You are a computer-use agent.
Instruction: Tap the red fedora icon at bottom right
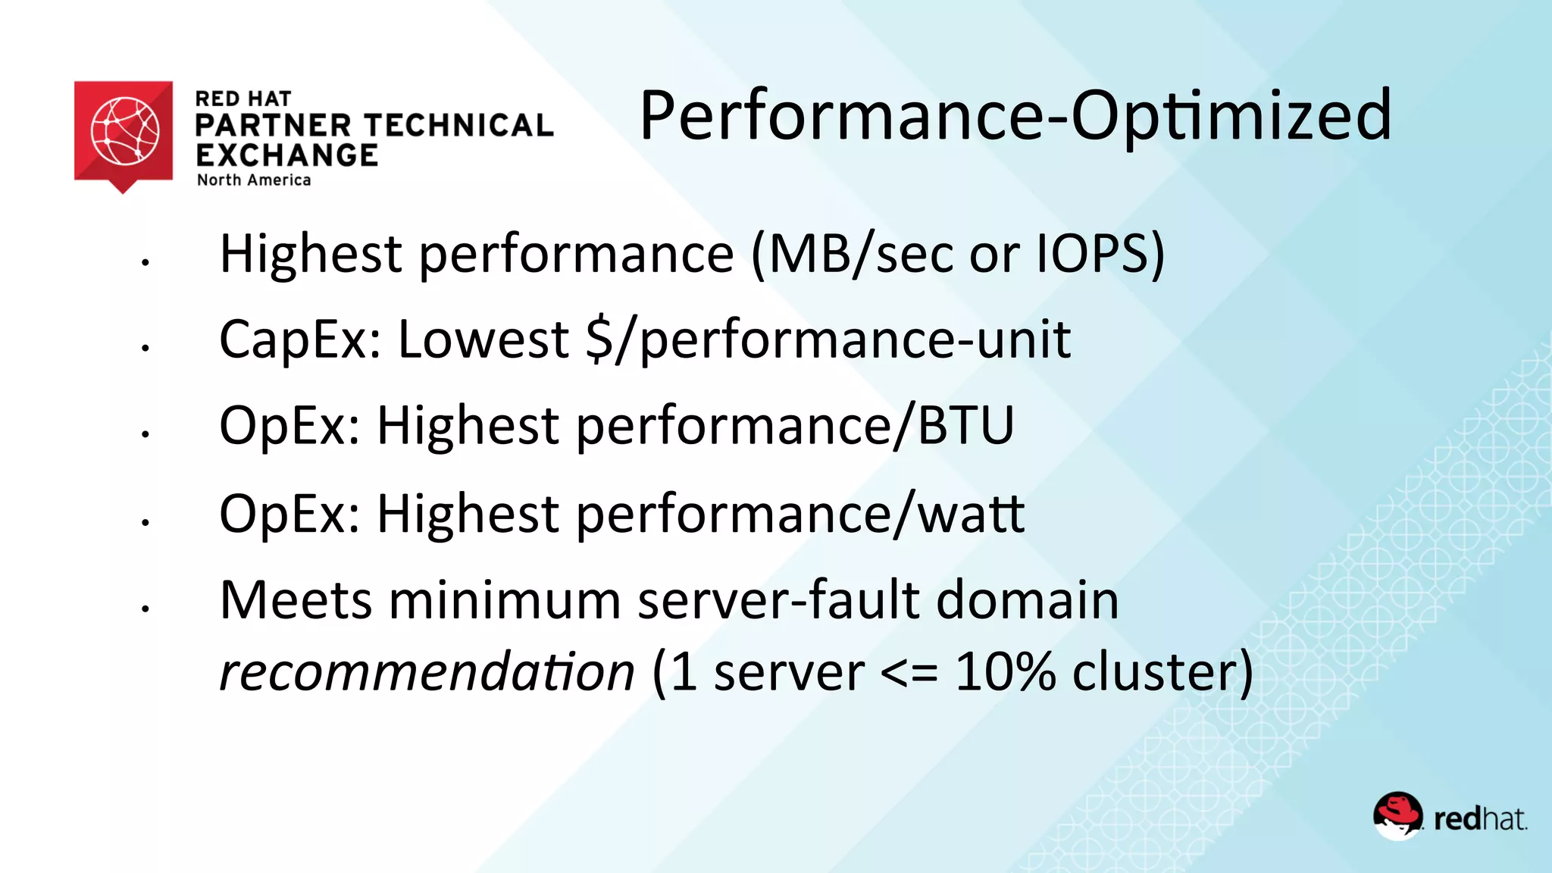1397,816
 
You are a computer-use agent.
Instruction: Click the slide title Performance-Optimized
1015,115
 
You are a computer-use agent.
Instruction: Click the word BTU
966,425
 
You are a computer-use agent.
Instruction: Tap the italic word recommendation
427,671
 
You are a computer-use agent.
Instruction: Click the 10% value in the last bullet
1005,671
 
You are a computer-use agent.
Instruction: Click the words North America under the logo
254,180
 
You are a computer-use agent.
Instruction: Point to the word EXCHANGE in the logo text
286,155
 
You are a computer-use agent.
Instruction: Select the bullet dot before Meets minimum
145,609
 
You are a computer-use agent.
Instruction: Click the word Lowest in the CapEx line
483,339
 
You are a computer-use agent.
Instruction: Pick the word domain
1028,600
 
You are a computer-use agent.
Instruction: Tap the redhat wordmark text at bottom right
1479,819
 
